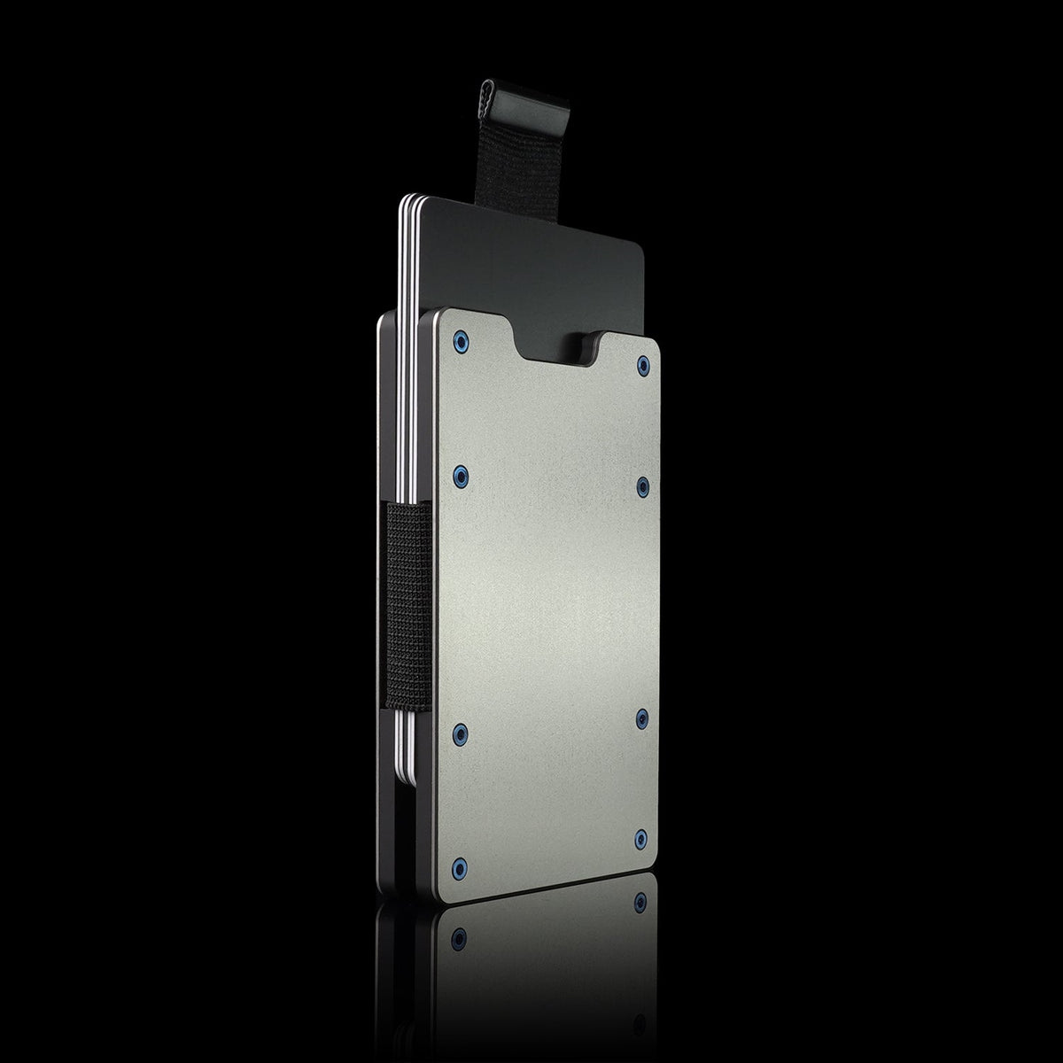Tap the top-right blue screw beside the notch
pyautogui.click(x=642, y=364)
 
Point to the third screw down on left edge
pyautogui.click(x=459, y=731)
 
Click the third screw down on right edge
pyautogui.click(x=642, y=716)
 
